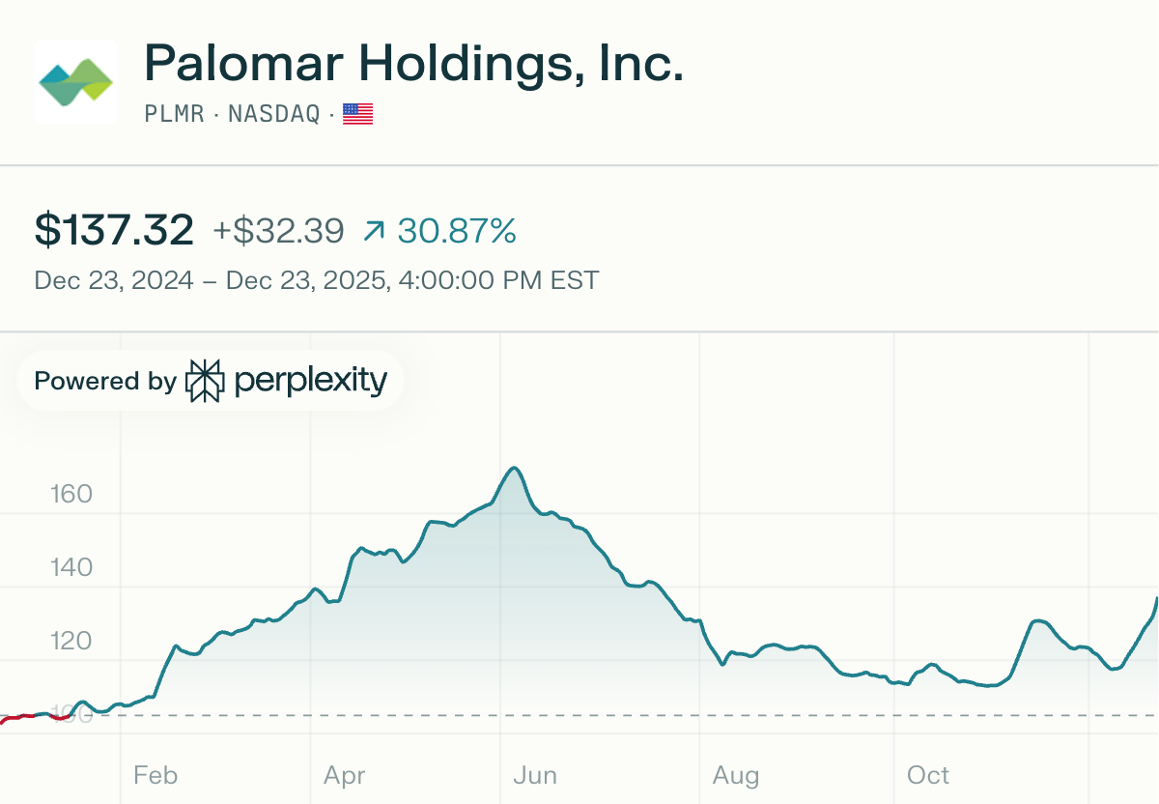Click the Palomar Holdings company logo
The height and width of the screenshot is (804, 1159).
pos(75,81)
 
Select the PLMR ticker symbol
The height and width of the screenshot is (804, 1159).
pos(174,114)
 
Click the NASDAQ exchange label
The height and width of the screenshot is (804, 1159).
pos(273,114)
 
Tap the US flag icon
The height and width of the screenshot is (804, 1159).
pos(357,114)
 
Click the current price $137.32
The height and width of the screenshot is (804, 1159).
pos(114,231)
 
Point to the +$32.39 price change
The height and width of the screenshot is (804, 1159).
pos(278,231)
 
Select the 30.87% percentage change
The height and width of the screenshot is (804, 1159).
pos(457,231)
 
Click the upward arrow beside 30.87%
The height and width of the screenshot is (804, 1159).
pos(374,231)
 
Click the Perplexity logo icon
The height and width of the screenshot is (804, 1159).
pos(205,381)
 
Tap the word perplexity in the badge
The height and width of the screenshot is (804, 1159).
pos(310,381)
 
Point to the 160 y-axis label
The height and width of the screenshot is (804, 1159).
pos(71,495)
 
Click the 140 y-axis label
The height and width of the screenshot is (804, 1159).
pos(71,567)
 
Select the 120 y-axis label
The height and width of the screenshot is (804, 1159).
pos(71,641)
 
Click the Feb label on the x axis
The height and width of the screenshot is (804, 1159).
pos(155,775)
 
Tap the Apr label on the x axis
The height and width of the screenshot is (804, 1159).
pos(344,775)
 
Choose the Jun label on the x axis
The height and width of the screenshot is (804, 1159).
pos(534,775)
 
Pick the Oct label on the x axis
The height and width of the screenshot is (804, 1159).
pos(928,775)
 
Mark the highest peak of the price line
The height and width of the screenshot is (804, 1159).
pos(515,469)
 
